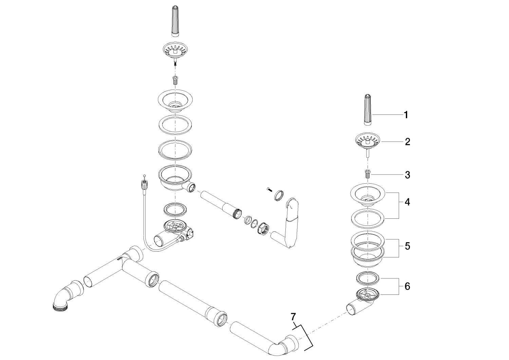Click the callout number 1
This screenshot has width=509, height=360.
click(406, 115)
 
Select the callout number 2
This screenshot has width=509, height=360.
click(407, 142)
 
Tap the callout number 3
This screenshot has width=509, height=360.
click(407, 175)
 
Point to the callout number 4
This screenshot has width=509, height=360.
click(407, 202)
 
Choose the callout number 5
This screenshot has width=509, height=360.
click(407, 246)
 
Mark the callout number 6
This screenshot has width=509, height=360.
click(407, 286)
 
